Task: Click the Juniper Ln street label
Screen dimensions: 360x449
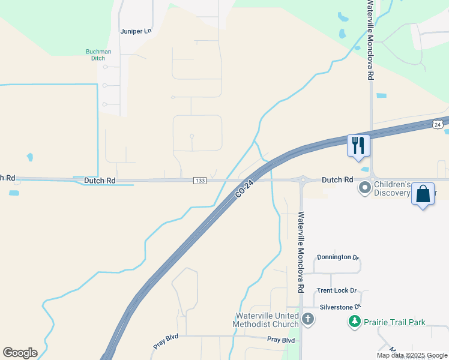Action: tap(136, 31)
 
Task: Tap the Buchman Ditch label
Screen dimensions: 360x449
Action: tap(98, 55)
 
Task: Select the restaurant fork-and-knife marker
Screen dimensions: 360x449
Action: tap(359, 146)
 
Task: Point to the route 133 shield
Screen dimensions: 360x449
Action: tap(200, 181)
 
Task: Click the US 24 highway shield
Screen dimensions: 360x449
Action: tap(438, 124)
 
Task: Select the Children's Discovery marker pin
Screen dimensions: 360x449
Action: tap(365, 188)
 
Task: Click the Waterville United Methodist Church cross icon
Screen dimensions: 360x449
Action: tap(308, 319)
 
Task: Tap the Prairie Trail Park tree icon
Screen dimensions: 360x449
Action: tap(354, 322)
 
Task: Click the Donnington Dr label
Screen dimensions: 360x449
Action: tap(338, 257)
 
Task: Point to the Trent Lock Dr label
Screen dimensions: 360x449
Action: tap(337, 290)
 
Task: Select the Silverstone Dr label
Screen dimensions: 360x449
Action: tap(340, 307)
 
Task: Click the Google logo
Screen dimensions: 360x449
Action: tap(20, 353)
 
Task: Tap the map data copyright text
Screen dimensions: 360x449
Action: tap(411, 355)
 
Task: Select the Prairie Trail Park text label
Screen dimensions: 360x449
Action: tap(394, 322)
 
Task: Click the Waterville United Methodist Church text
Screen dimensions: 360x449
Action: tap(266, 320)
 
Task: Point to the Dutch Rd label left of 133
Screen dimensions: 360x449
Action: tap(99, 180)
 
